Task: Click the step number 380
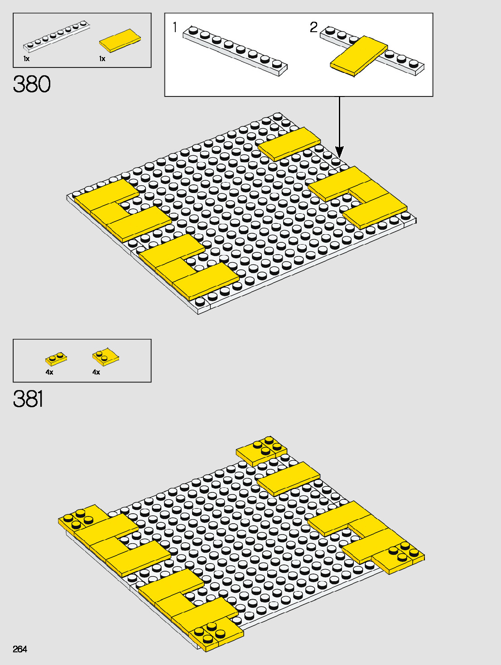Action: coord(32,84)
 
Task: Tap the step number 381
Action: coord(28,399)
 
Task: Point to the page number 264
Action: coord(20,649)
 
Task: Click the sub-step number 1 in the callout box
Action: coord(175,28)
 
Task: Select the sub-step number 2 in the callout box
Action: coord(313,27)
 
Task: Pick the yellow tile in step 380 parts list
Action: coord(120,41)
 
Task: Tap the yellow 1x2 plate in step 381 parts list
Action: coord(56,359)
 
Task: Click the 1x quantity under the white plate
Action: coord(26,59)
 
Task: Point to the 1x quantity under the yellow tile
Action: coord(102,59)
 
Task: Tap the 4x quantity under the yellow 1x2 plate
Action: coord(49,372)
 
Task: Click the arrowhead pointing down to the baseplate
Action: coord(339,152)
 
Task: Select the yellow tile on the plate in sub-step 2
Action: coord(359,56)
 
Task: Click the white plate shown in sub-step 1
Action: coord(235,49)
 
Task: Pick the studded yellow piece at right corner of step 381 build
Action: coord(399,557)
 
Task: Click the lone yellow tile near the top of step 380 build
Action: coord(289,144)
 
